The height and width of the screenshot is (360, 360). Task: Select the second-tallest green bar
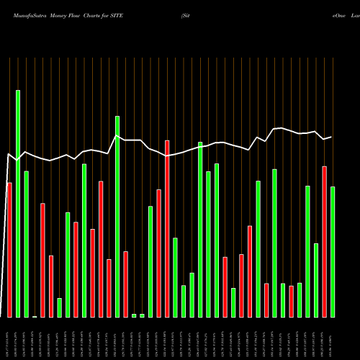[x=117, y=216]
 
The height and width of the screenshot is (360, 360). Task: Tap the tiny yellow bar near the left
[x=35, y=316]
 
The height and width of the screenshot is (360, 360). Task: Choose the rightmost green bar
[x=333, y=252]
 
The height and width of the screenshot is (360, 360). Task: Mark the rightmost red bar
[x=325, y=242]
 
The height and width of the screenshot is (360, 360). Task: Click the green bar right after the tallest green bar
[x=26, y=244]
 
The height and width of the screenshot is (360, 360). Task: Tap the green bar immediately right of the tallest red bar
[x=175, y=277]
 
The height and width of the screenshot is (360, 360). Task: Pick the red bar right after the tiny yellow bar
[x=42, y=260]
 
